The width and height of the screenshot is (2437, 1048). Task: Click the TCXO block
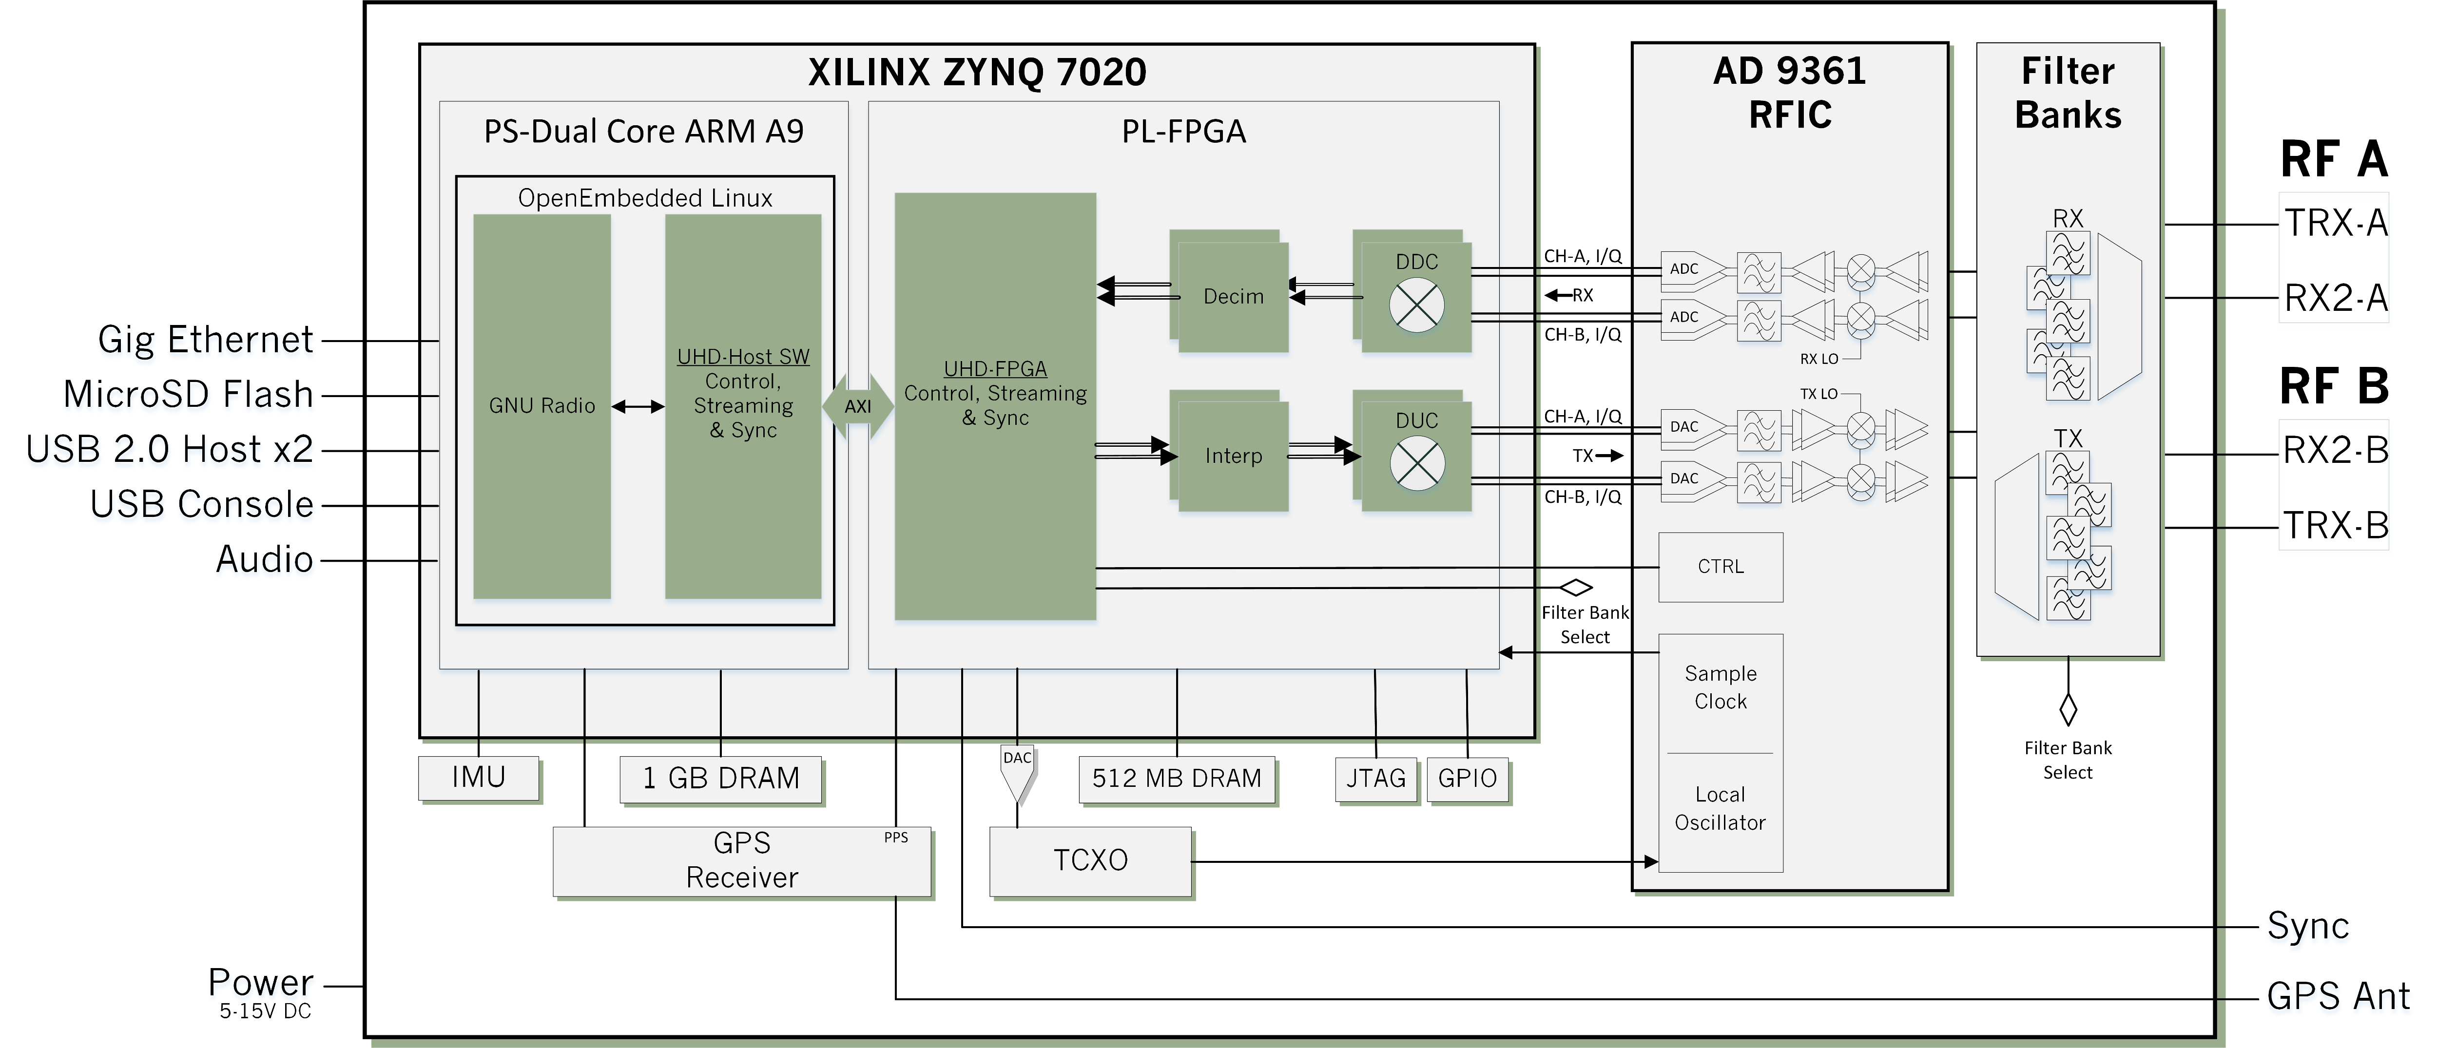[1091, 861]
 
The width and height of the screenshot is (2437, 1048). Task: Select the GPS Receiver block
[743, 861]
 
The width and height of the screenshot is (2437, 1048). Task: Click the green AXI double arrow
[858, 407]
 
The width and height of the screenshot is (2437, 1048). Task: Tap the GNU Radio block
[542, 407]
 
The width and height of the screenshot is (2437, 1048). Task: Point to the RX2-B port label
[2336, 450]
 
